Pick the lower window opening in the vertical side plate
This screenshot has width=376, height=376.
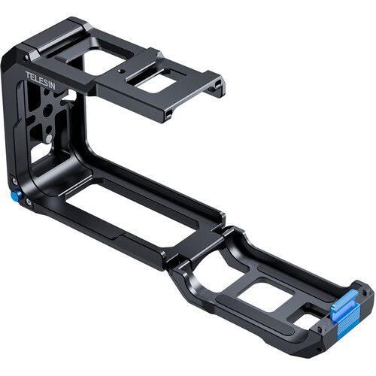coord(39,155)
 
